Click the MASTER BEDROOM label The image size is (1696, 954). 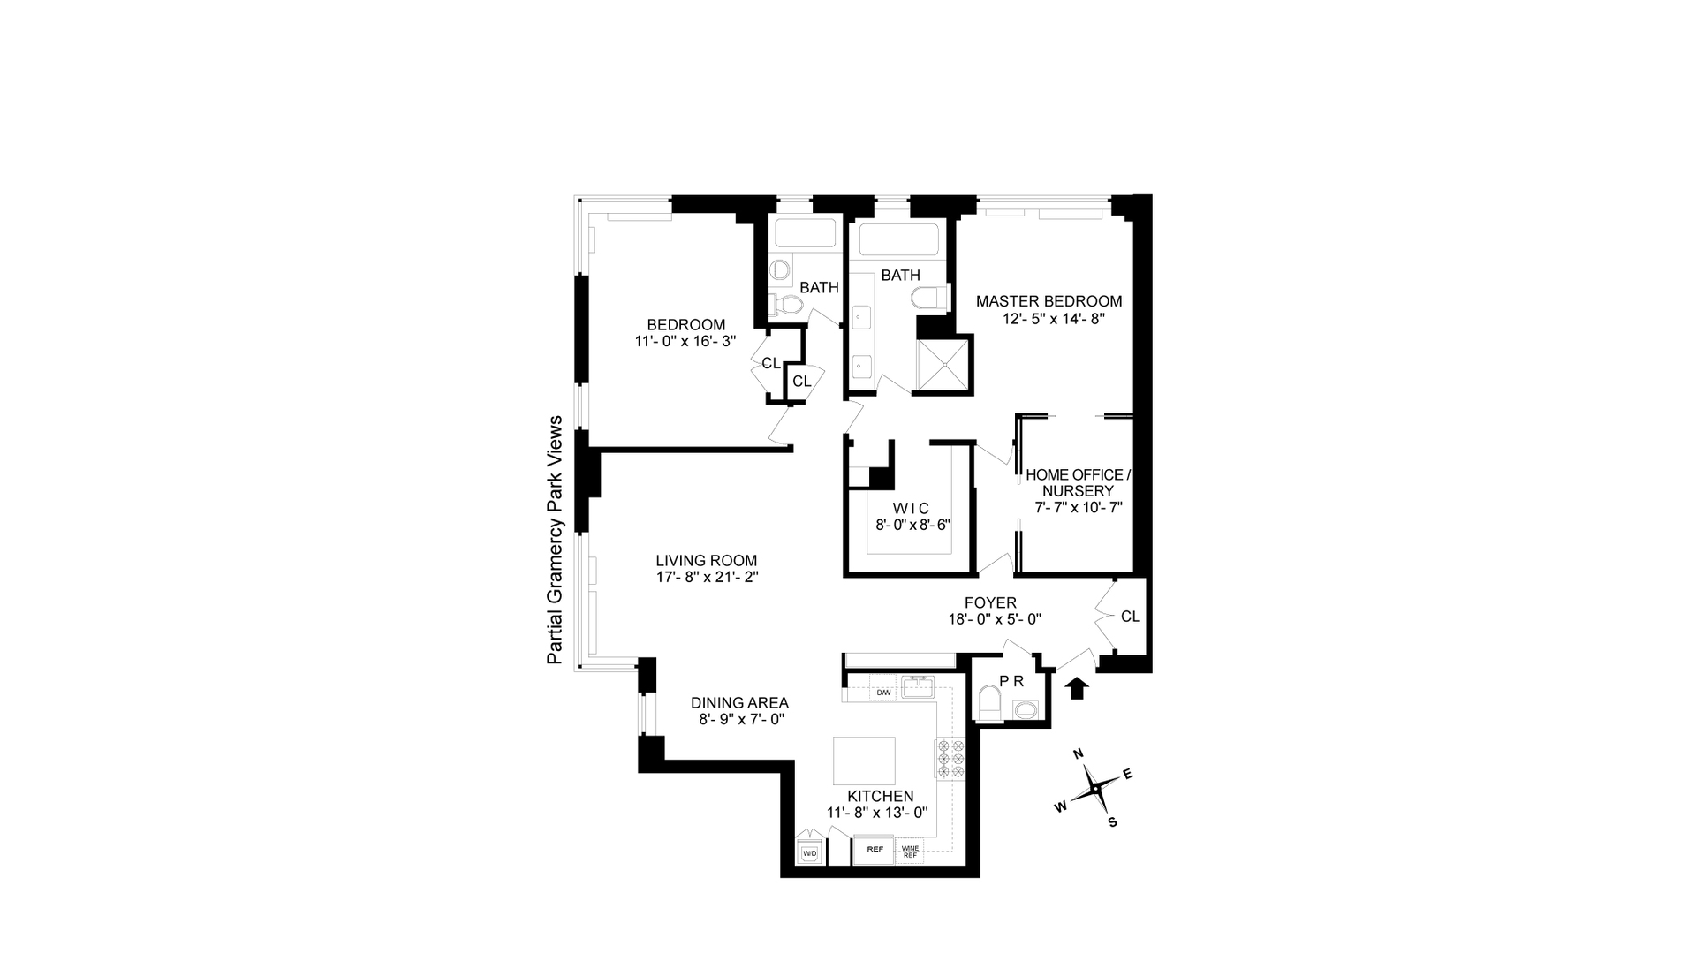point(1049,301)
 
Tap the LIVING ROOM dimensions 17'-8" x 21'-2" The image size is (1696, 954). point(706,577)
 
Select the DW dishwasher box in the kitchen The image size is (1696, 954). point(882,693)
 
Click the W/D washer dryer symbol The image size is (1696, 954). point(809,853)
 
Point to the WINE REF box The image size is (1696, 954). point(910,852)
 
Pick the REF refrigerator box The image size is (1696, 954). point(874,850)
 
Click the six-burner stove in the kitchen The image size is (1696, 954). point(950,758)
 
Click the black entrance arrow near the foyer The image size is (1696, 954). point(1076,688)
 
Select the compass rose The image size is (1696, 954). point(1096,787)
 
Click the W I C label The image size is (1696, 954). point(911,508)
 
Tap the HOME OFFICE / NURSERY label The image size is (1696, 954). point(1077,482)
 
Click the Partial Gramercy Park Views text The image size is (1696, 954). point(555,540)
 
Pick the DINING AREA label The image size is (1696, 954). point(739,703)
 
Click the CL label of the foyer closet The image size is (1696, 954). point(1130,617)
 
